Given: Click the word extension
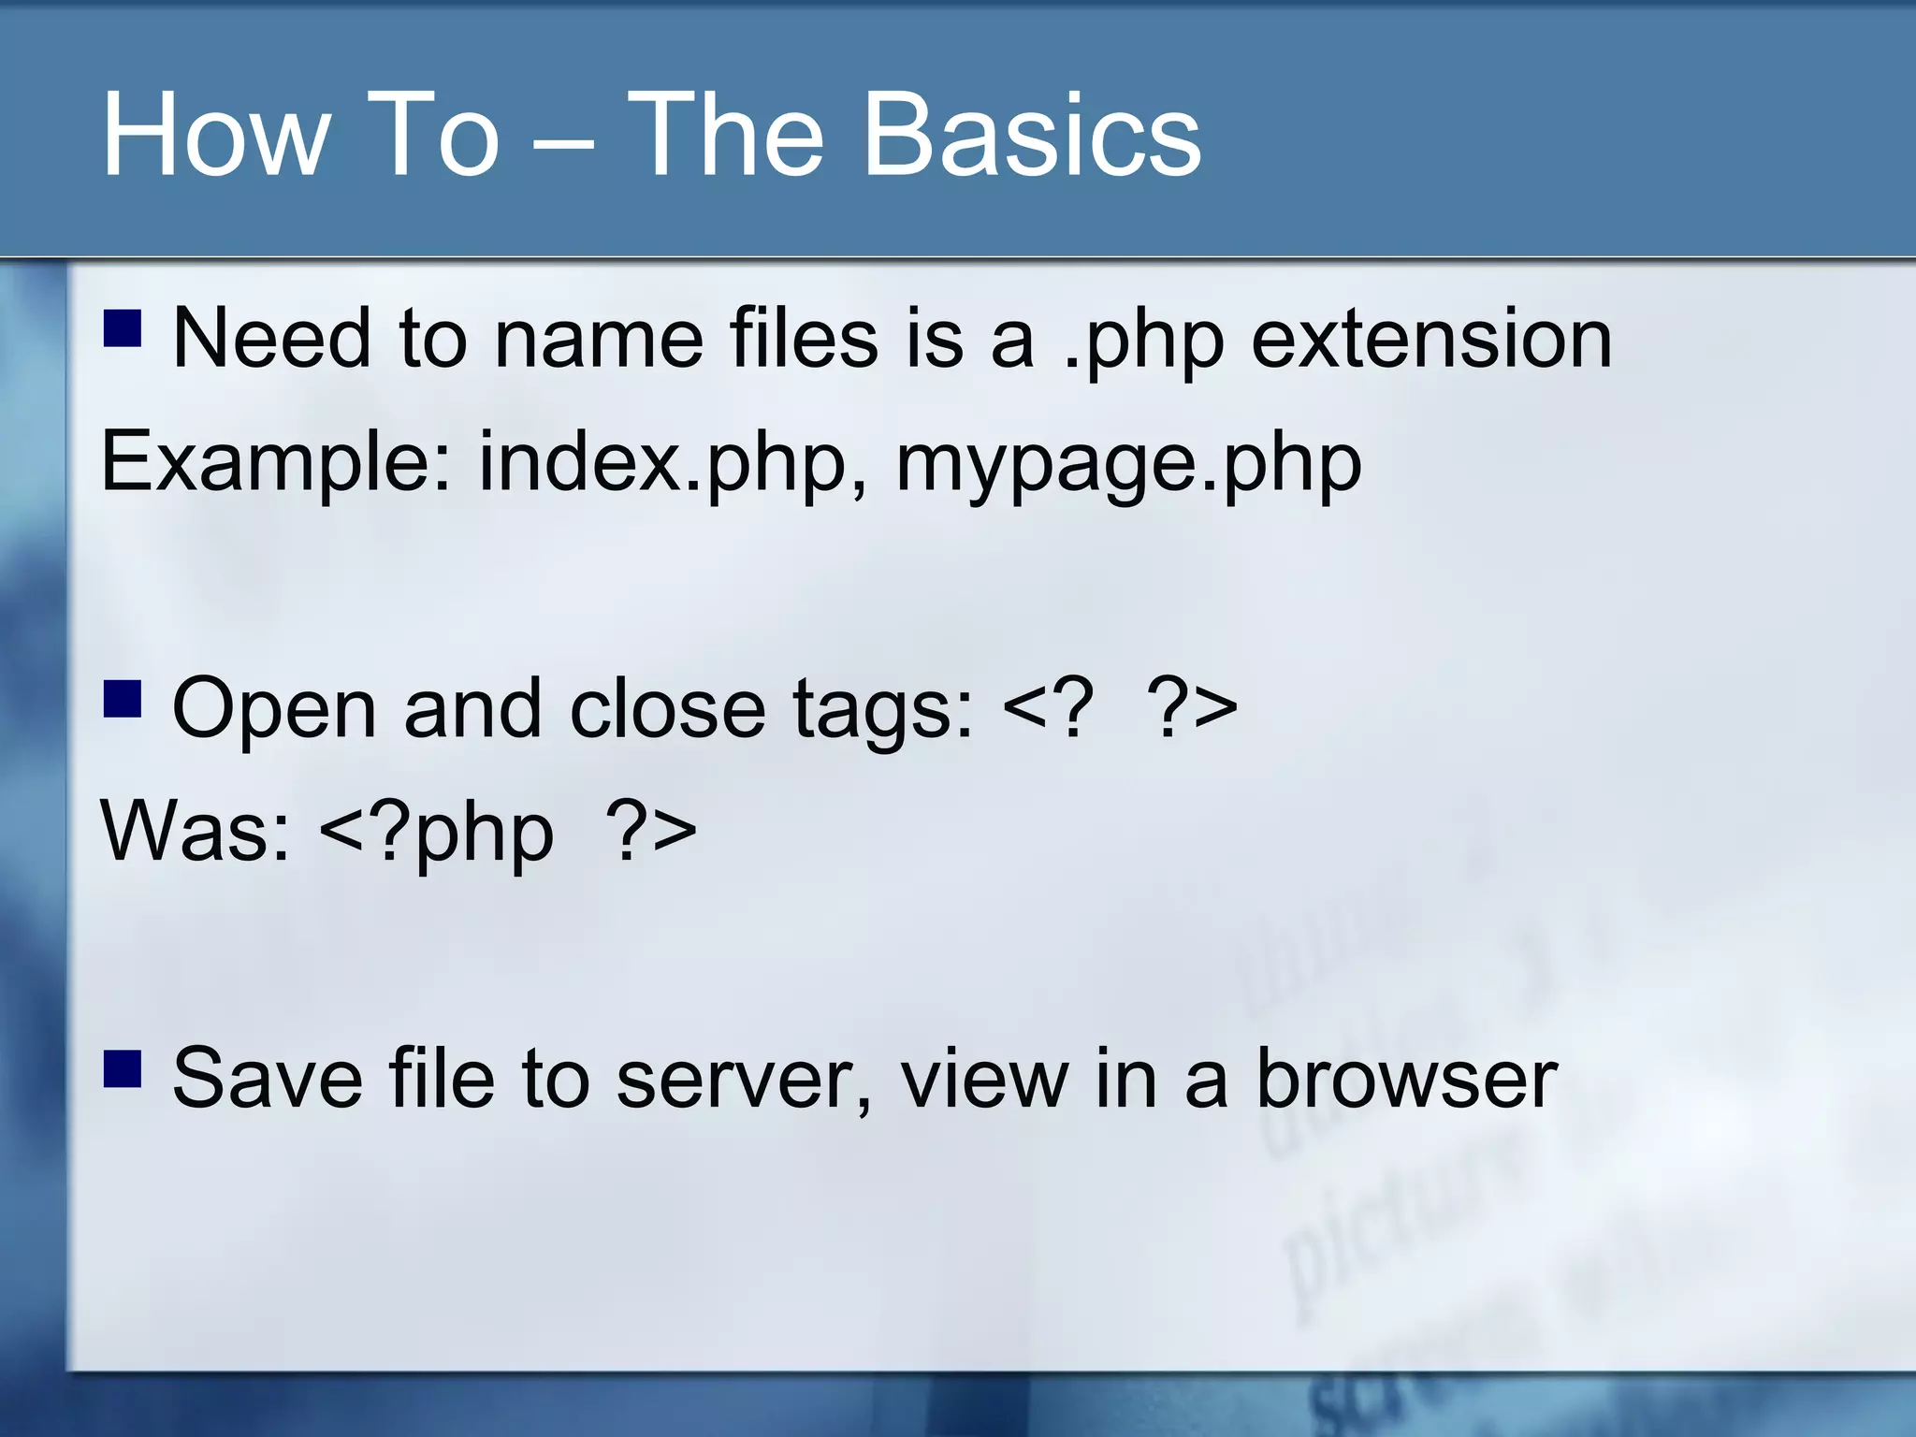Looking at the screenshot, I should (x=1431, y=339).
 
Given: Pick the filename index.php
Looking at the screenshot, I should (x=672, y=462).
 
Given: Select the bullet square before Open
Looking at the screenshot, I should (x=123, y=697).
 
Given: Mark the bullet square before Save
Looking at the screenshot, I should (x=123, y=1068).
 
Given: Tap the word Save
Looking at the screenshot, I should (x=268, y=1079).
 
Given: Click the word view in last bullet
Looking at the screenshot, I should (x=983, y=1079).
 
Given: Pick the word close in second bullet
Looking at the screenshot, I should (x=666, y=708).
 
